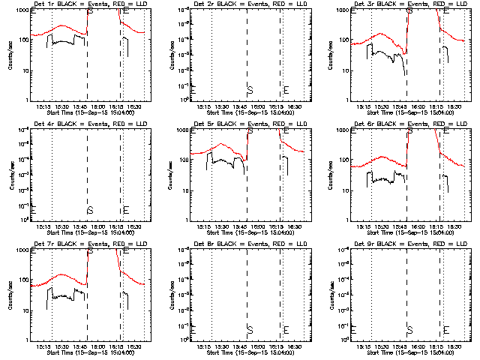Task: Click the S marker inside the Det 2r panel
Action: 250,91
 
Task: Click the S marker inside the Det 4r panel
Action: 90,210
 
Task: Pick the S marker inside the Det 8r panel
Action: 250,330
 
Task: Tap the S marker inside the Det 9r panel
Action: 409,330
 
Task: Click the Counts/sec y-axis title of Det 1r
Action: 10,55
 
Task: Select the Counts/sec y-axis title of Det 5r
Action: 170,175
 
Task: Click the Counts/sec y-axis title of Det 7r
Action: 10,295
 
